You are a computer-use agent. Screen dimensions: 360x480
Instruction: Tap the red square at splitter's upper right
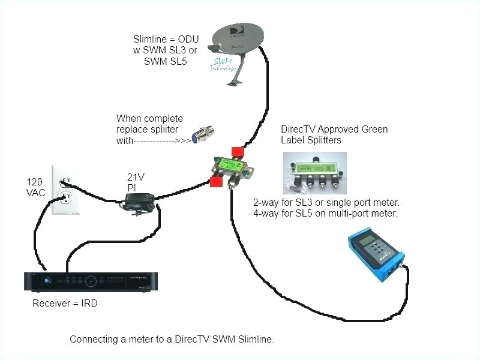click(x=239, y=151)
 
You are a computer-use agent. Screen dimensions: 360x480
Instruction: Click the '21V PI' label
click(x=136, y=182)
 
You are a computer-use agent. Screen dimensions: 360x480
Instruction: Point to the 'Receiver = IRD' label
click(x=65, y=304)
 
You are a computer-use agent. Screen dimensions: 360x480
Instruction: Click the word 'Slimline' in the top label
click(x=149, y=40)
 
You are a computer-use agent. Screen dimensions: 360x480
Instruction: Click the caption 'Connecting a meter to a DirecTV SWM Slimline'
click(x=172, y=339)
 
